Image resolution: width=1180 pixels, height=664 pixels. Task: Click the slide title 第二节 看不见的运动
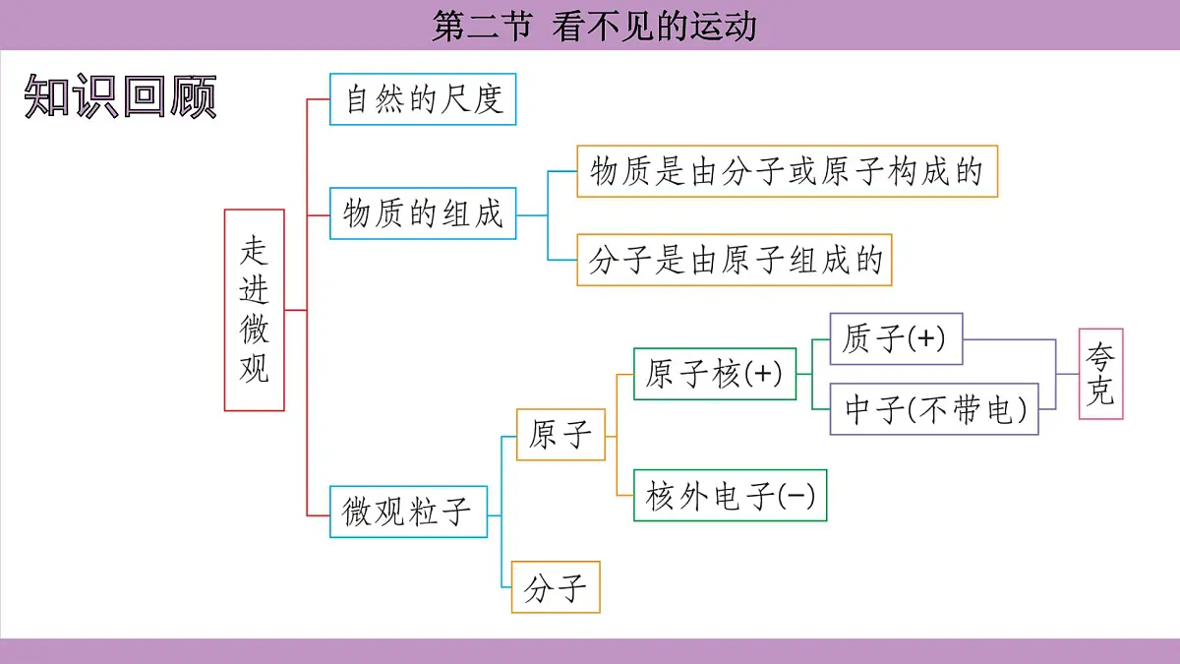click(x=594, y=26)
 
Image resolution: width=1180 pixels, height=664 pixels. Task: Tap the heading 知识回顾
click(x=120, y=96)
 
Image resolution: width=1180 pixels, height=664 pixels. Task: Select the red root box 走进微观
click(x=255, y=310)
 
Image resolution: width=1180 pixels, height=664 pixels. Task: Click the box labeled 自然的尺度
click(x=423, y=99)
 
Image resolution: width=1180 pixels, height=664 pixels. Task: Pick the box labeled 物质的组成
click(x=423, y=213)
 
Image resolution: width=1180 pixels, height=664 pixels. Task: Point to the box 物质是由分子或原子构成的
click(x=787, y=172)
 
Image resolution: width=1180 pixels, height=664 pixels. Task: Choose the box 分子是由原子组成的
click(x=735, y=261)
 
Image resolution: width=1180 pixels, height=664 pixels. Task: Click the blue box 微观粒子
click(x=408, y=512)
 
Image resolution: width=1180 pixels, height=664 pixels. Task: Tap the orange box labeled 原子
click(x=560, y=435)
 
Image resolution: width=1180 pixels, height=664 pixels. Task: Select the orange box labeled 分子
click(x=556, y=587)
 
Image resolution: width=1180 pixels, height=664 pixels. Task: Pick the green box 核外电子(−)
click(x=731, y=496)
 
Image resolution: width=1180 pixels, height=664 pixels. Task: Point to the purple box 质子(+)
click(x=896, y=339)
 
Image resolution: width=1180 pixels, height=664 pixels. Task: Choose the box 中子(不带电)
click(x=935, y=409)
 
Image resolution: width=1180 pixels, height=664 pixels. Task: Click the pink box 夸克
click(x=1100, y=375)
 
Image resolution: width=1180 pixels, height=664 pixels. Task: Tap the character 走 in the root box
click(x=255, y=251)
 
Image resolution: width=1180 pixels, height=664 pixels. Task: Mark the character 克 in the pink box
click(x=1100, y=393)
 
